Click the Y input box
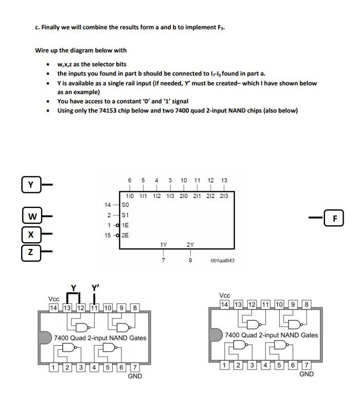30,184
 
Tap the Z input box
30,251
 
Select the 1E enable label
130,225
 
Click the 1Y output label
164,245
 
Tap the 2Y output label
190,245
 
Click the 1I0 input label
130,195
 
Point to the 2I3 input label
224,195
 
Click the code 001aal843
222,261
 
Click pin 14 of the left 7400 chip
53,308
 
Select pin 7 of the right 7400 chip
306,365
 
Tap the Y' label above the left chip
95,288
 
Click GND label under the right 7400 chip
307,374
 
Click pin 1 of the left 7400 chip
53,367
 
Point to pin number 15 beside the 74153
108,235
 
